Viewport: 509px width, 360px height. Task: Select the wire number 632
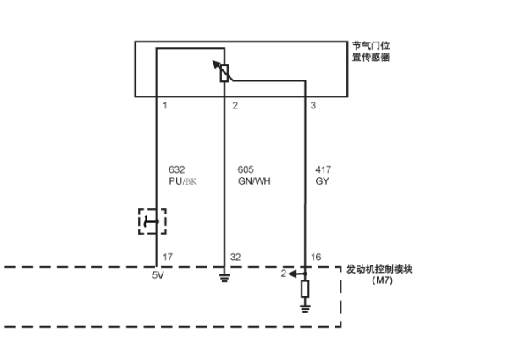click(177, 169)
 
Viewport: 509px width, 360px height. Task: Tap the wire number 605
click(246, 169)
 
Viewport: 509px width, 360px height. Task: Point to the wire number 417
click(322, 169)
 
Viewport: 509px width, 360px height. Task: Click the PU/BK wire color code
click(183, 181)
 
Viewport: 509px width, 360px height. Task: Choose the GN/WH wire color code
click(253, 181)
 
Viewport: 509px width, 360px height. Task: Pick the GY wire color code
click(321, 181)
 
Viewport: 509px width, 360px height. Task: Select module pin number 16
click(315, 257)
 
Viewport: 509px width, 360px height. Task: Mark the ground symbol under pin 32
click(224, 277)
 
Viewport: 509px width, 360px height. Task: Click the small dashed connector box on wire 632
click(152, 222)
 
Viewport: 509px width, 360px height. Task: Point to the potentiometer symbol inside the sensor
click(224, 73)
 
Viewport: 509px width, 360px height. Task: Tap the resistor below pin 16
click(305, 289)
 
